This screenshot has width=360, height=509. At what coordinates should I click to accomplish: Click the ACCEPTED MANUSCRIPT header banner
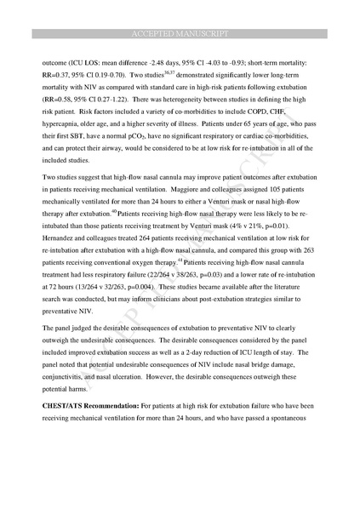[180, 33]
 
